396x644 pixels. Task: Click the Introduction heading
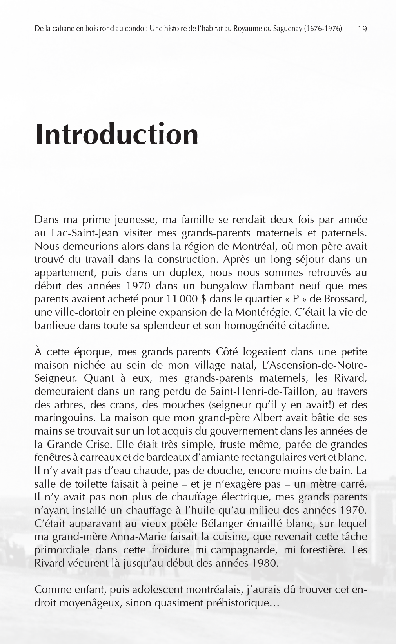point(117,134)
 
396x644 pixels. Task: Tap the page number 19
point(362,29)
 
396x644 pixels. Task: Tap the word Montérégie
point(263,313)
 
